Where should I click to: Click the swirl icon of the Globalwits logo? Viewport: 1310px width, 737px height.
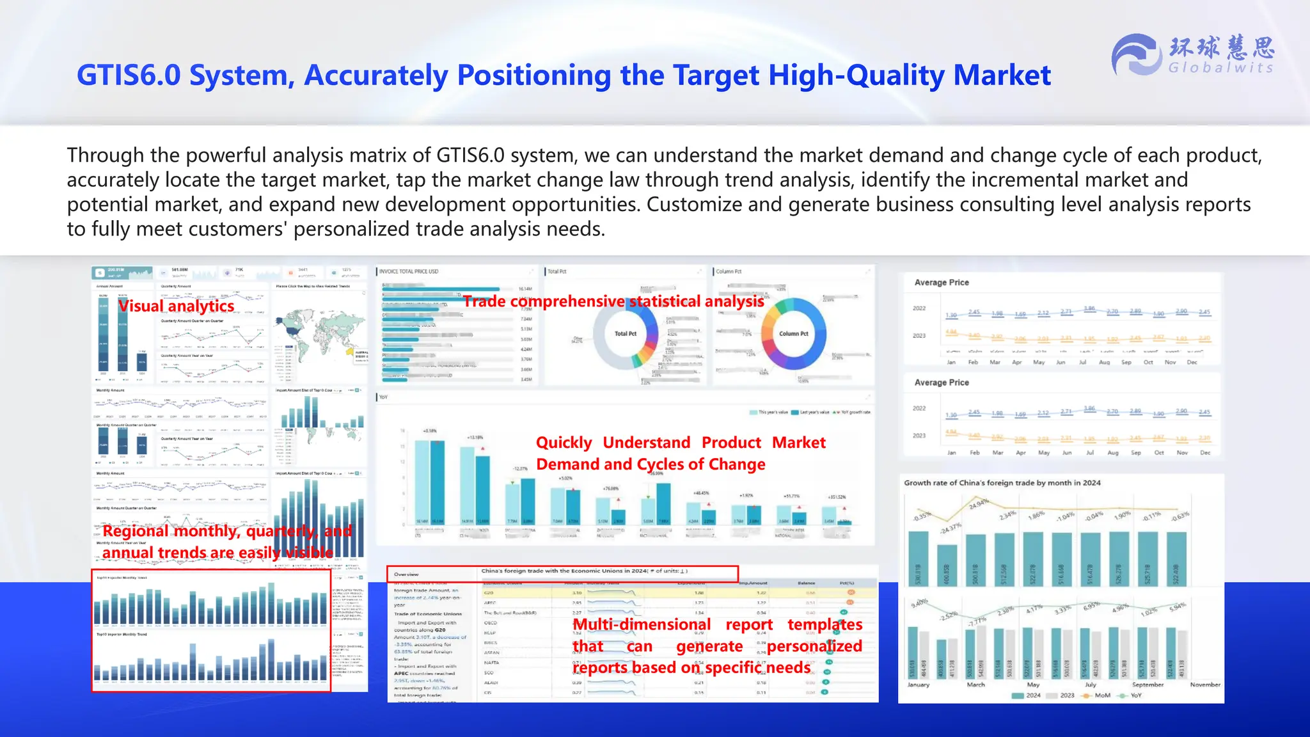tap(1136, 55)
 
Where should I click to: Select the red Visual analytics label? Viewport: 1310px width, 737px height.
tap(176, 306)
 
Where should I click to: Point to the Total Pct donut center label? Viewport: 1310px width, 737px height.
tap(625, 333)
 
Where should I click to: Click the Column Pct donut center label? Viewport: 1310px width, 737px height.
tap(793, 333)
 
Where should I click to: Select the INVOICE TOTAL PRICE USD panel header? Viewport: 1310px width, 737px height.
tap(409, 271)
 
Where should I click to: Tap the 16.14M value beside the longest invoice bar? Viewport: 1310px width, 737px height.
tap(525, 289)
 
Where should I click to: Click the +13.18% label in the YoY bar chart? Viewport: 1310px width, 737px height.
tap(475, 438)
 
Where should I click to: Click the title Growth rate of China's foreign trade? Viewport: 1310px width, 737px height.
tap(1002, 483)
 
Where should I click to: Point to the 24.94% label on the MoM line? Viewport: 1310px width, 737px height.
tap(979, 504)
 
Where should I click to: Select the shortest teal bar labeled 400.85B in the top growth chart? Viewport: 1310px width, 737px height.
tap(947, 566)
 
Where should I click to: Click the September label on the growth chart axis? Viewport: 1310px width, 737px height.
tap(1148, 685)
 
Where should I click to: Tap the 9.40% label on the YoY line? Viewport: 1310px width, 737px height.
tap(919, 603)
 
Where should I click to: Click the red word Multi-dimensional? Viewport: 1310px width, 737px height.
tap(642, 624)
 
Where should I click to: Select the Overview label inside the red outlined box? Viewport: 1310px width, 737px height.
tap(406, 575)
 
